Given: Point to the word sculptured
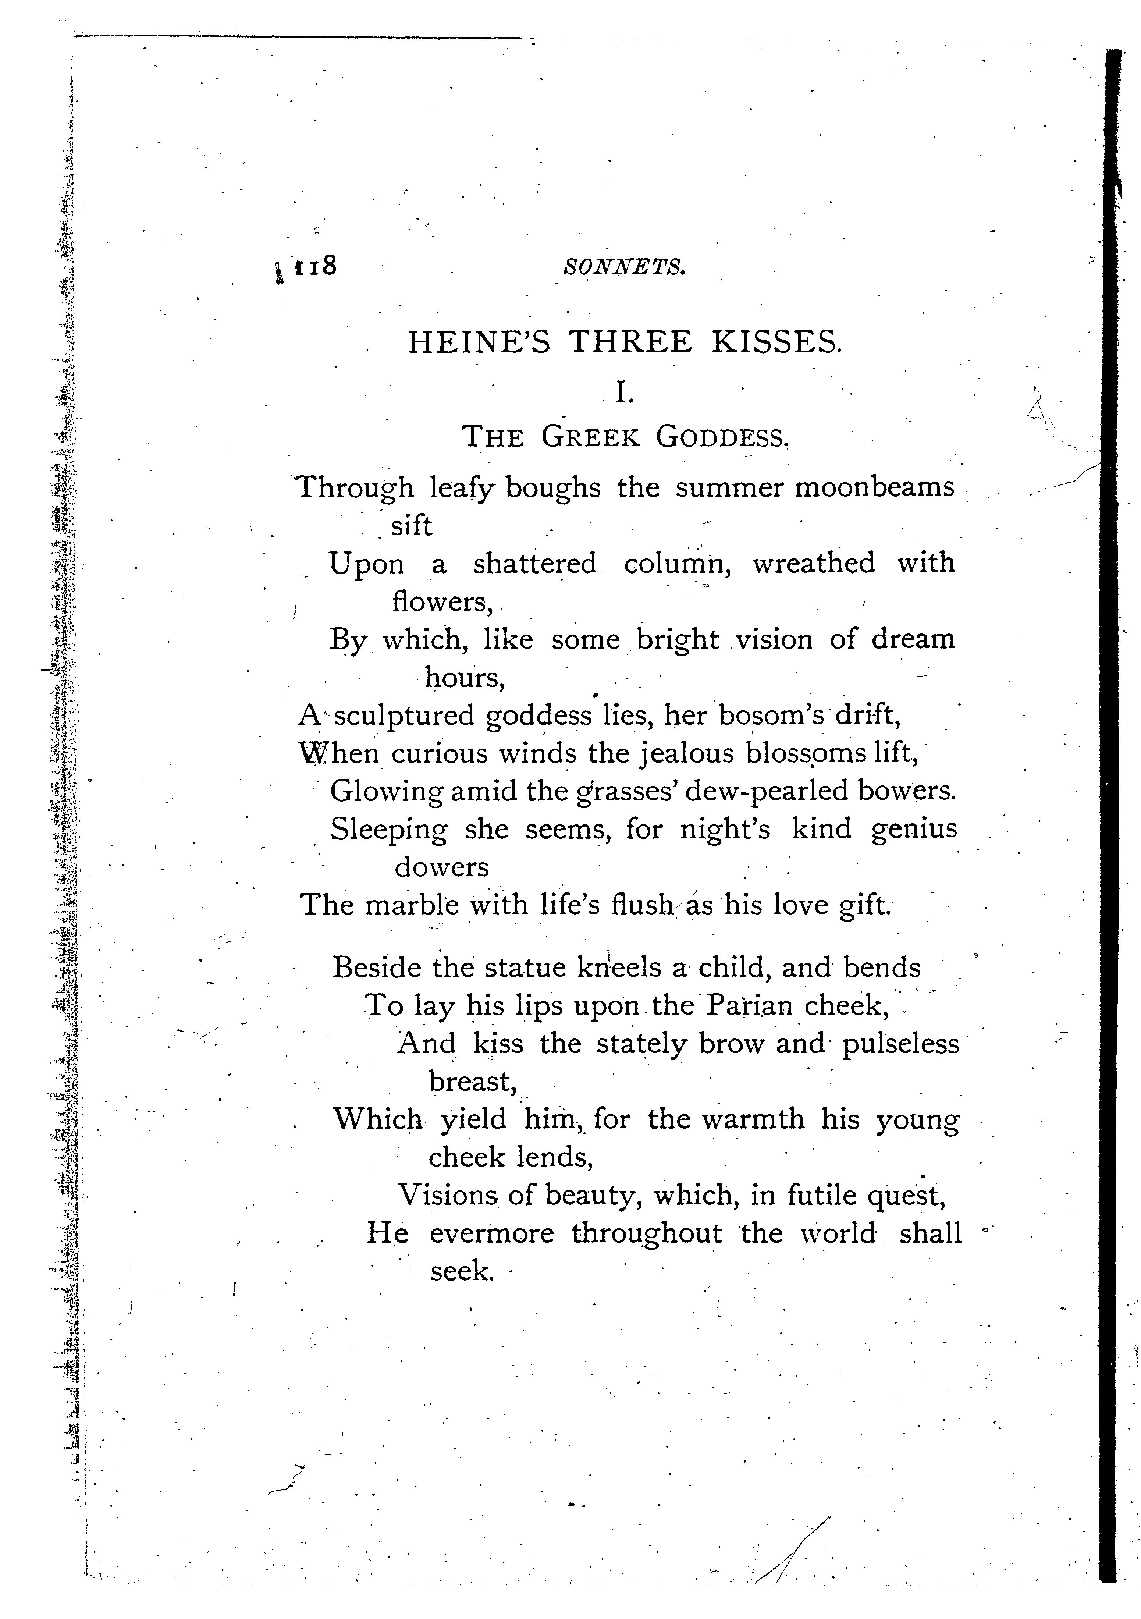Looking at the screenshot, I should [x=404, y=716].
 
